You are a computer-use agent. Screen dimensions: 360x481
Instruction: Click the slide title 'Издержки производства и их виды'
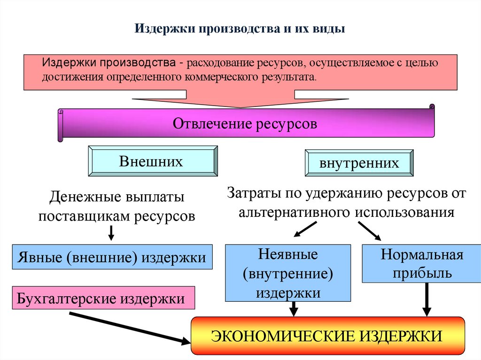pyautogui.click(x=240, y=29)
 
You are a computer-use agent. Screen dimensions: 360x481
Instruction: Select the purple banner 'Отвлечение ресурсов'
pyautogui.click(x=245, y=124)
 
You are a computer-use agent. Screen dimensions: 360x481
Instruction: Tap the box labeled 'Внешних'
pyautogui.click(x=153, y=161)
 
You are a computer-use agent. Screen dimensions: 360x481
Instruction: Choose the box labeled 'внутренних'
pyautogui.click(x=359, y=163)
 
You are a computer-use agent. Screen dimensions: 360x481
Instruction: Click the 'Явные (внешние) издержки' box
pyautogui.click(x=112, y=257)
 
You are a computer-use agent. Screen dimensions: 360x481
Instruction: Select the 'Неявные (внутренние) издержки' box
pyautogui.click(x=288, y=273)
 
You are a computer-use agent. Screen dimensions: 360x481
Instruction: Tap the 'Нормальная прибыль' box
pyautogui.click(x=422, y=263)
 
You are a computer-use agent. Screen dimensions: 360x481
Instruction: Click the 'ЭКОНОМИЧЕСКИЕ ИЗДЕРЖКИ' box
pyautogui.click(x=327, y=336)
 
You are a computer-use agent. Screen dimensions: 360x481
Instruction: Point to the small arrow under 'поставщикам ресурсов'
pyautogui.click(x=112, y=232)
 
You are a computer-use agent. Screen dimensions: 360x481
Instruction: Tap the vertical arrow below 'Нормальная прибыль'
pyautogui.click(x=427, y=299)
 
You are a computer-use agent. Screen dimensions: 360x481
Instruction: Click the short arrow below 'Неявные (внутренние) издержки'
pyautogui.click(x=294, y=309)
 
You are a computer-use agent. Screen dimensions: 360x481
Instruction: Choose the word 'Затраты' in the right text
pyautogui.click(x=249, y=193)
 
